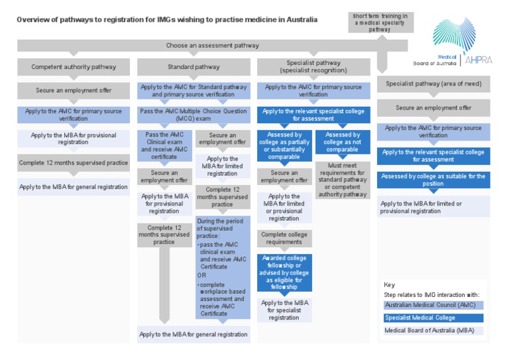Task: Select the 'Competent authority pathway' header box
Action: click(74, 66)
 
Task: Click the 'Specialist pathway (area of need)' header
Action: click(433, 84)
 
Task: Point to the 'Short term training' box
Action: click(380, 22)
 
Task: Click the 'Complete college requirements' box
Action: click(284, 238)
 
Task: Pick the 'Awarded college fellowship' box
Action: click(284, 272)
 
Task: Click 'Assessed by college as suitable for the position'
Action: click(433, 180)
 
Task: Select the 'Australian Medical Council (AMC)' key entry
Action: click(433, 304)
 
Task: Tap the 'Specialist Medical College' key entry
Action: click(433, 318)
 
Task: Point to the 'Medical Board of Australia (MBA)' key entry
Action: click(433, 331)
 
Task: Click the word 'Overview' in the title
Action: click(32, 20)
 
